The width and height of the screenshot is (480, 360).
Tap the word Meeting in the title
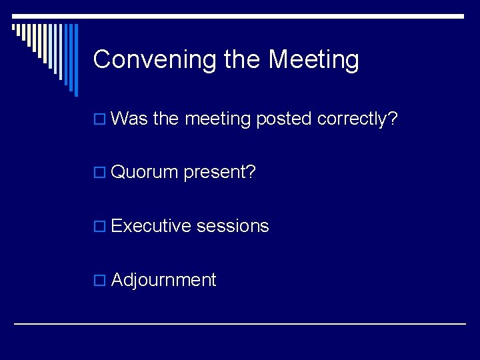click(313, 60)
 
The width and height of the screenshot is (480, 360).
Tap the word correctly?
click(357, 119)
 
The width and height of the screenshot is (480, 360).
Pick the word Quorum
click(145, 173)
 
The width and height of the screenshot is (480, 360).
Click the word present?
click(220, 173)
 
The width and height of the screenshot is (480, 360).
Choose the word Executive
click(151, 226)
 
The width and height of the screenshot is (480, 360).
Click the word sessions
click(233, 226)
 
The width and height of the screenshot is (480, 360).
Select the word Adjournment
click(163, 280)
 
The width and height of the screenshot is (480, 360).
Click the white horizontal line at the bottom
click(240, 323)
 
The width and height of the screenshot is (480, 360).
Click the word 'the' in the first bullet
click(166, 119)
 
